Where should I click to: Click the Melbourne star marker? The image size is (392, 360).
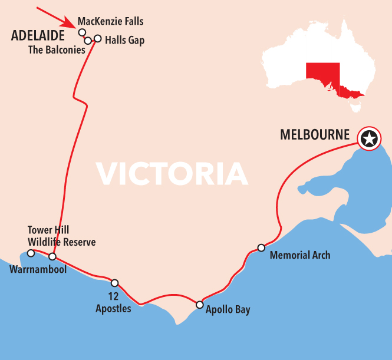369,139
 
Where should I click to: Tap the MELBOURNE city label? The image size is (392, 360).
315,134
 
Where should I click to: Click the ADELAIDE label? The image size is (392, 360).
38,37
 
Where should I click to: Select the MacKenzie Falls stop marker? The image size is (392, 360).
82,32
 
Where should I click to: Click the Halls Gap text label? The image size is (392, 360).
124,41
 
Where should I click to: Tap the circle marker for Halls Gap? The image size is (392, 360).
98,39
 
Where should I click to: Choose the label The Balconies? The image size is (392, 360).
57,50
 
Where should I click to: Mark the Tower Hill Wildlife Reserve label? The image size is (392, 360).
61,236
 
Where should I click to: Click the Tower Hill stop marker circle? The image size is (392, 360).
31,253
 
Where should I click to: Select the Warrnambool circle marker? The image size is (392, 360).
52,257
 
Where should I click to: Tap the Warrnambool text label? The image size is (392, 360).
38,269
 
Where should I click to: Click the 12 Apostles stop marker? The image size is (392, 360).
115,283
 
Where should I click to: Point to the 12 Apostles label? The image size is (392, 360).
113,303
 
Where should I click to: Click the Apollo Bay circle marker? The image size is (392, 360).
200,305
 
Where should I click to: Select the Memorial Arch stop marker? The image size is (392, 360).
261,247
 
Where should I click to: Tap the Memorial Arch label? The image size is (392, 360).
299,255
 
